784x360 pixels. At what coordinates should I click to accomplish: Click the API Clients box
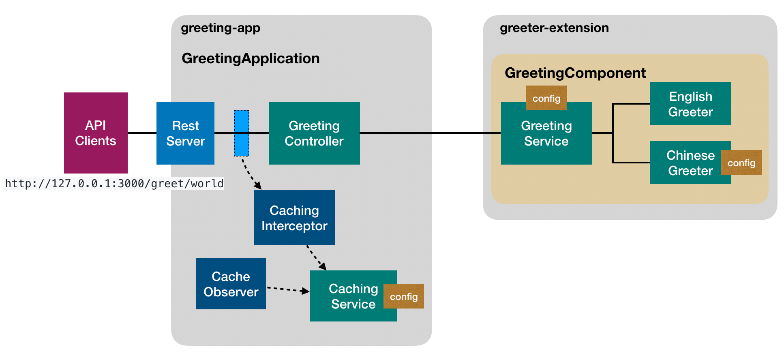click(x=96, y=133)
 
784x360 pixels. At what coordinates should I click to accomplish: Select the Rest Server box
click(x=185, y=133)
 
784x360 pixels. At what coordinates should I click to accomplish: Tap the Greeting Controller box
click(x=314, y=133)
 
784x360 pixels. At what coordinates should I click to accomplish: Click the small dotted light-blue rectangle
click(x=242, y=133)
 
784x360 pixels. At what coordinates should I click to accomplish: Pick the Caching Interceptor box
click(x=294, y=218)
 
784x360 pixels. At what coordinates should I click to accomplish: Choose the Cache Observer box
click(x=231, y=284)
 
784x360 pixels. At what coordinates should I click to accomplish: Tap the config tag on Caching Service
click(x=404, y=296)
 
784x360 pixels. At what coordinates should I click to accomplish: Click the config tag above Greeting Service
click(x=546, y=98)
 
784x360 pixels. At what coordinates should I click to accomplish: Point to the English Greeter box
click(x=690, y=104)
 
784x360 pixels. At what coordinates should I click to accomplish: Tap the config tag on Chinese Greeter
click(x=741, y=163)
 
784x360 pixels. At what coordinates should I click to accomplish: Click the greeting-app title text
click(x=221, y=28)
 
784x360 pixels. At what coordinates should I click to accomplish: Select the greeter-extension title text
click(x=554, y=28)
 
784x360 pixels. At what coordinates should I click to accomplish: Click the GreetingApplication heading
click(x=251, y=58)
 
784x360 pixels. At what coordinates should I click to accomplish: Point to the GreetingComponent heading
click(x=575, y=73)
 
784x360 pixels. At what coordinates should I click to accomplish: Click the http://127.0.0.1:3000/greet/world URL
click(x=114, y=184)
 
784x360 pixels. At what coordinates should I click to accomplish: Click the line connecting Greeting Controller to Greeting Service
click(x=430, y=133)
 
